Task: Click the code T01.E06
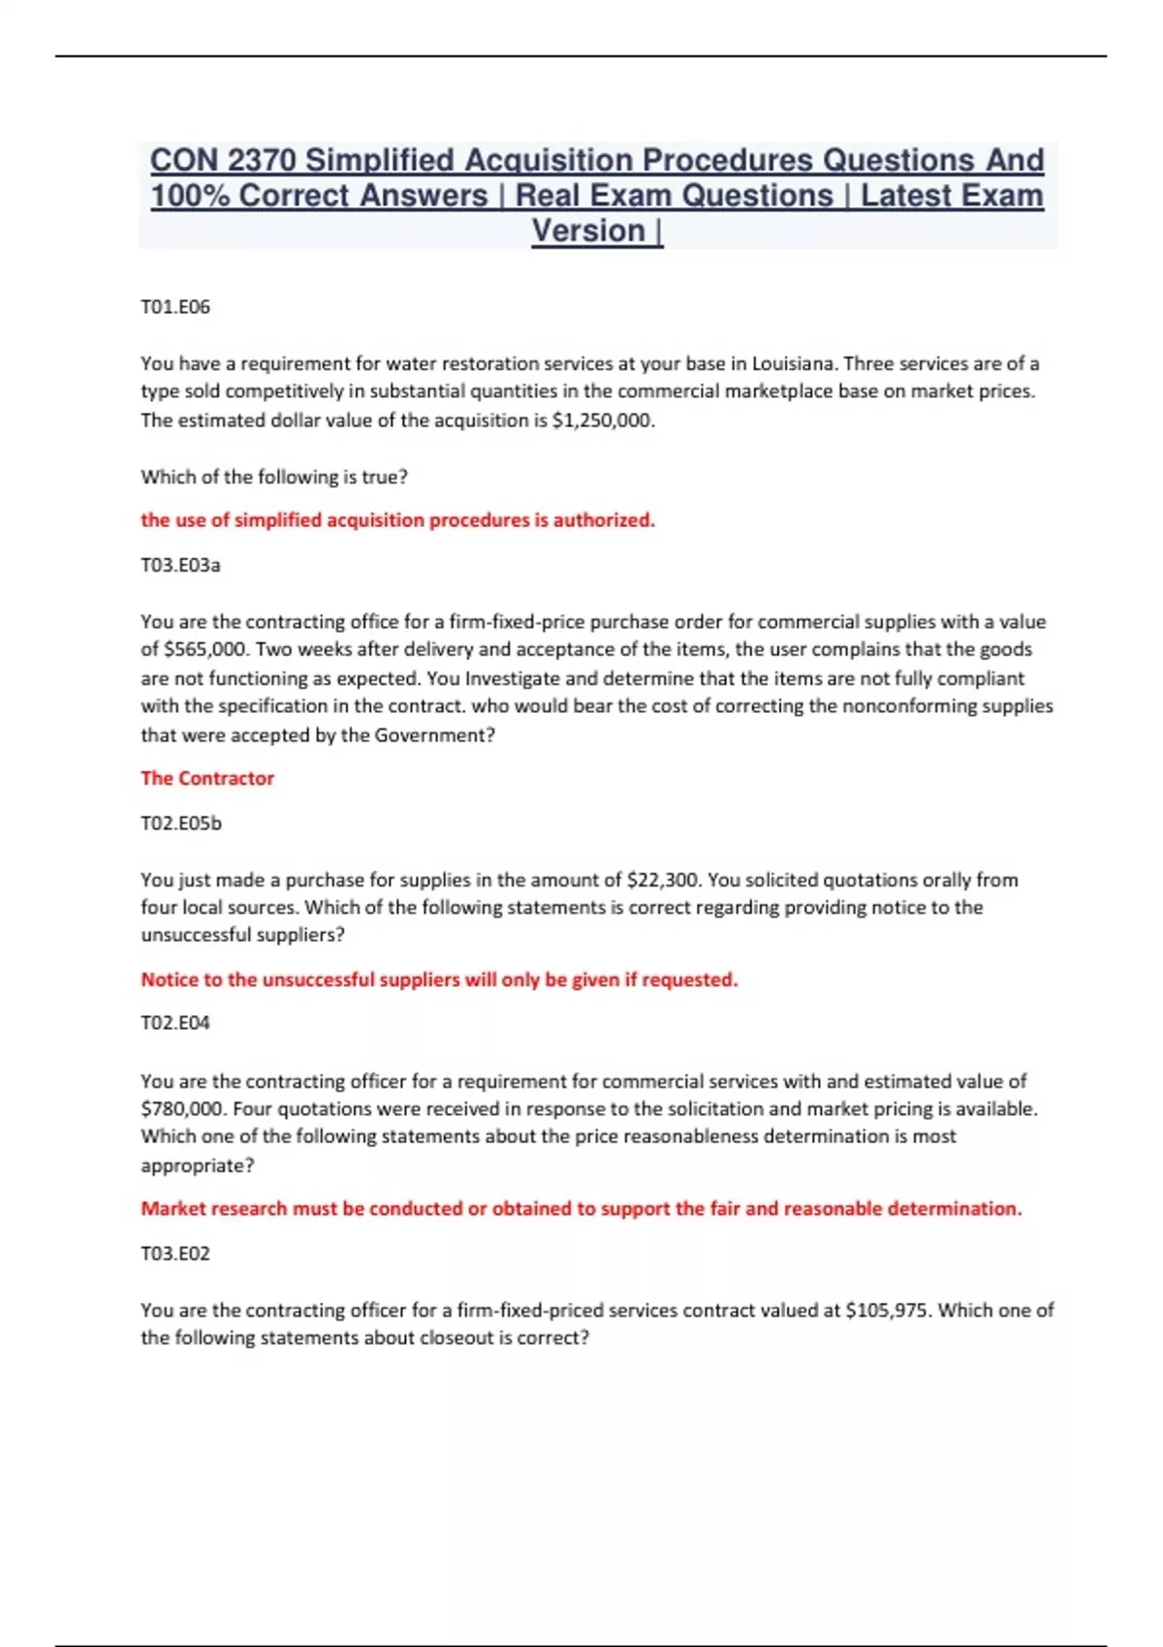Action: coord(175,307)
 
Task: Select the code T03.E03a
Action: coord(180,565)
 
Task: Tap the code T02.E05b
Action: coord(181,823)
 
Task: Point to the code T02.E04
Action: coord(175,1023)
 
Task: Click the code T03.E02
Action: coord(175,1254)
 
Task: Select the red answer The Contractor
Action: coord(207,779)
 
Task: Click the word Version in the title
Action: coord(588,232)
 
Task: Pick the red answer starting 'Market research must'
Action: coord(581,1209)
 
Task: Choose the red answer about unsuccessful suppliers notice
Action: coord(439,980)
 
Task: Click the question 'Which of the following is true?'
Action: coord(274,478)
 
